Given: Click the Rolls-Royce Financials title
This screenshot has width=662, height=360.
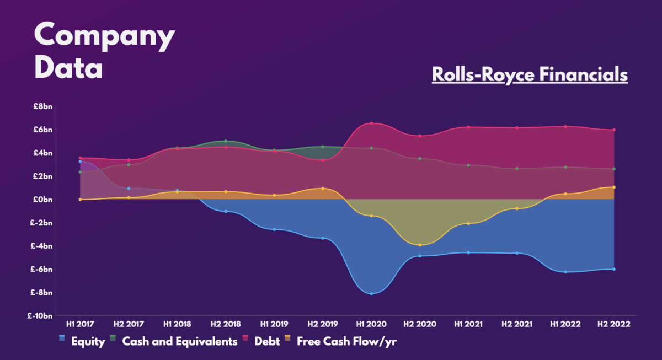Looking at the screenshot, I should click(530, 74).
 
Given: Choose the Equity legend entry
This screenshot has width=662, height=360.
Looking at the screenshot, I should click(87, 341).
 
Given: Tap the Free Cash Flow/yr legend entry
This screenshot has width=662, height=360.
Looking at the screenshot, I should click(346, 341).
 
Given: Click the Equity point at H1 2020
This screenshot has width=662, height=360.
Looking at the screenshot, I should click(371, 294).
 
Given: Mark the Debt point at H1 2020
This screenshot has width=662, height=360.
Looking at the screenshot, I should click(371, 123).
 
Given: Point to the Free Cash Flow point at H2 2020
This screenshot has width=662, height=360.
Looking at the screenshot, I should click(420, 245).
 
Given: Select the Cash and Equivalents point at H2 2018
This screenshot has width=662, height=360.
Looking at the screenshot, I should click(226, 141).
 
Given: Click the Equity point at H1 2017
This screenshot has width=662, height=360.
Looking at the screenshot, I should click(80, 162).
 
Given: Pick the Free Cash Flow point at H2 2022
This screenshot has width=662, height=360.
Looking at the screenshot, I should click(614, 187).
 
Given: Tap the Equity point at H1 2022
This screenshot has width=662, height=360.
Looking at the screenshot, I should click(565, 272).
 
